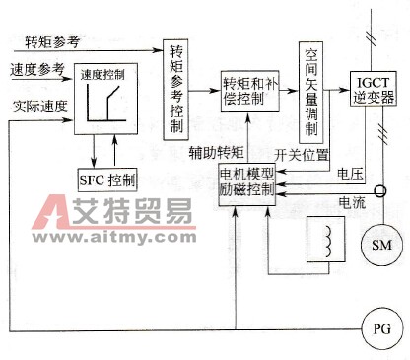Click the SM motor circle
tap(378, 244)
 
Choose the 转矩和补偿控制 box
tap(251, 90)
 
